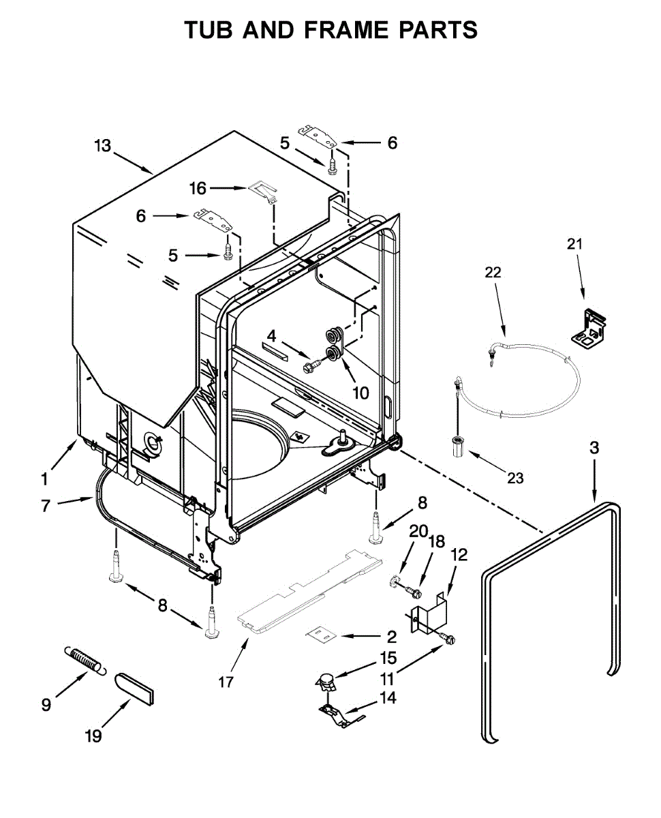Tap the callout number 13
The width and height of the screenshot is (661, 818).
point(102,145)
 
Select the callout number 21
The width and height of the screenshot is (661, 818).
point(576,243)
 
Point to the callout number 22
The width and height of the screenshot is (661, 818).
point(493,272)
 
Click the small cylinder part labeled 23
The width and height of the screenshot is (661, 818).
point(457,448)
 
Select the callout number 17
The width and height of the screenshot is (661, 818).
point(226,681)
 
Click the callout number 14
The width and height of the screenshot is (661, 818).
point(388,697)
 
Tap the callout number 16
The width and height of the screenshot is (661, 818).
point(198,188)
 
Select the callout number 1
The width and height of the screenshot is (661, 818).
point(44,479)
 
